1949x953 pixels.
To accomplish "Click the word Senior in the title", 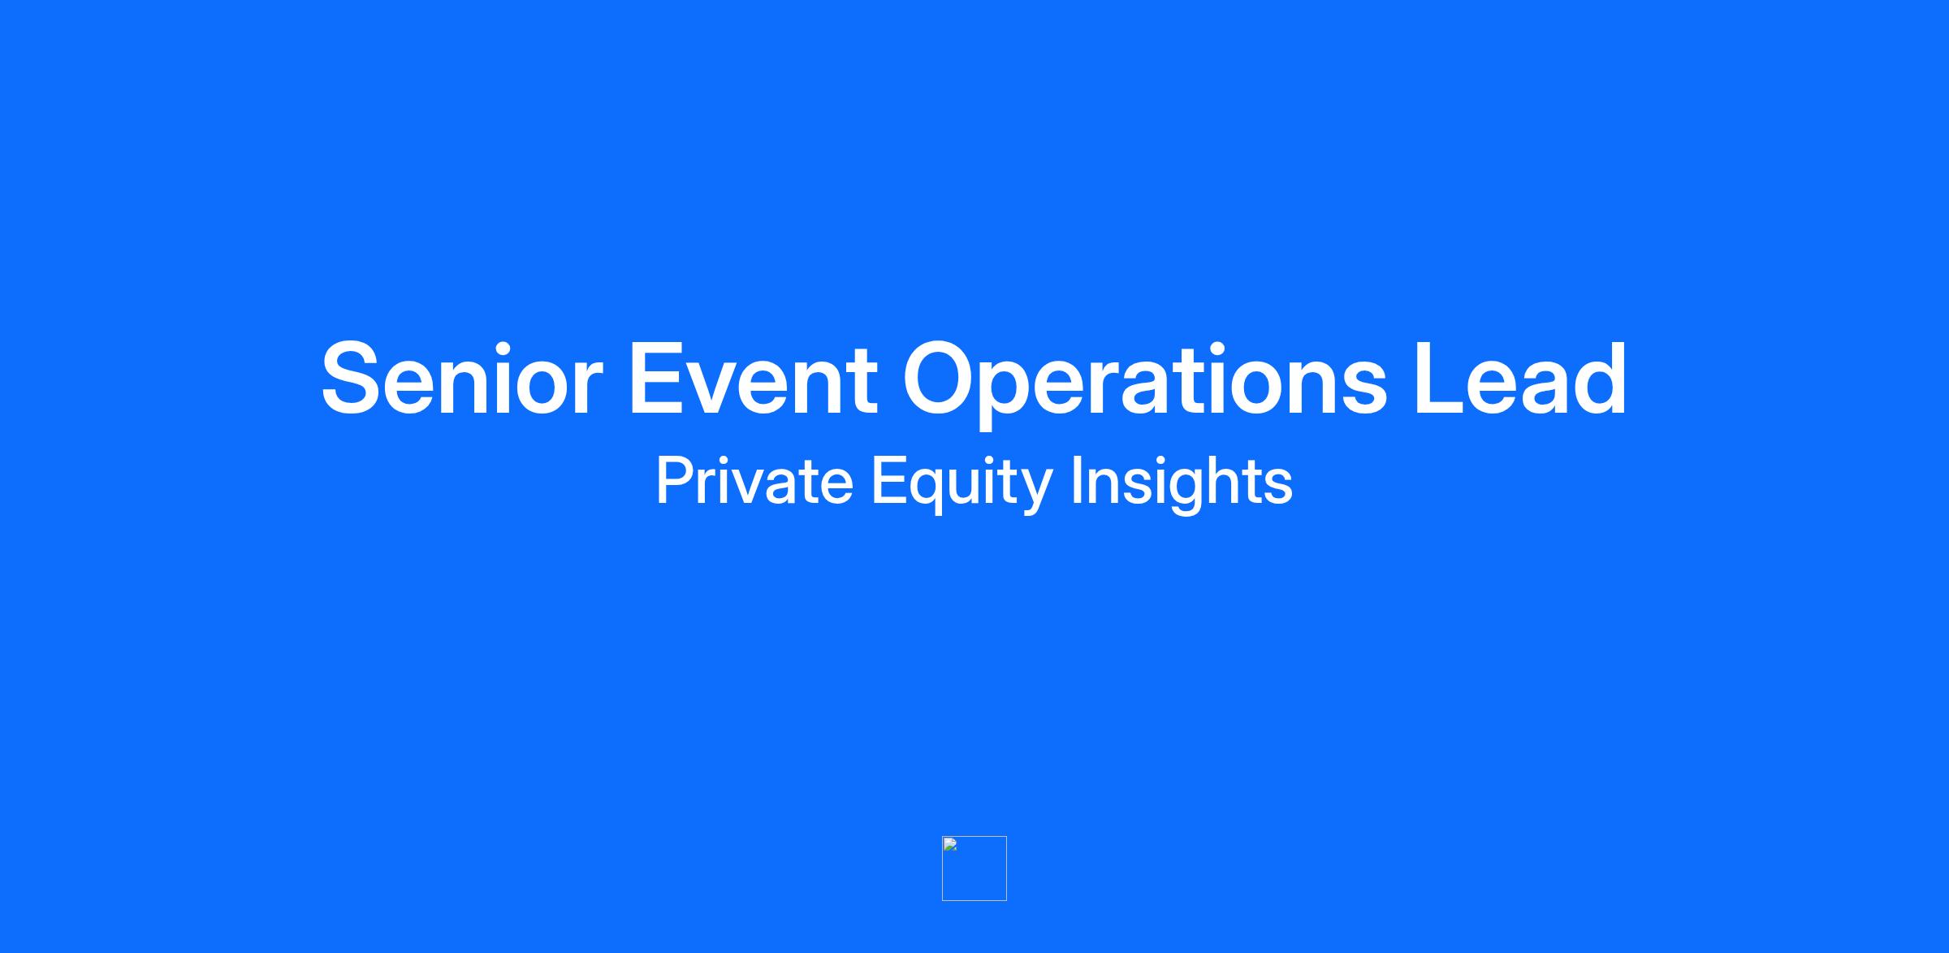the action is pyautogui.click(x=461, y=379).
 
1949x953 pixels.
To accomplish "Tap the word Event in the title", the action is pyautogui.click(x=753, y=379).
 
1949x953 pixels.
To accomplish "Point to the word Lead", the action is pyautogui.click(x=1520, y=379).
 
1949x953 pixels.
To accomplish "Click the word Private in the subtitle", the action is pyautogui.click(x=754, y=480).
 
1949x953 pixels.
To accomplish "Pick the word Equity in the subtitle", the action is pyautogui.click(x=962, y=484).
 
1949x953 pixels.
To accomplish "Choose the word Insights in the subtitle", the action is pyautogui.click(x=1182, y=484).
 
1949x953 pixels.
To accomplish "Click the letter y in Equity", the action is pyautogui.click(x=1035, y=492).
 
